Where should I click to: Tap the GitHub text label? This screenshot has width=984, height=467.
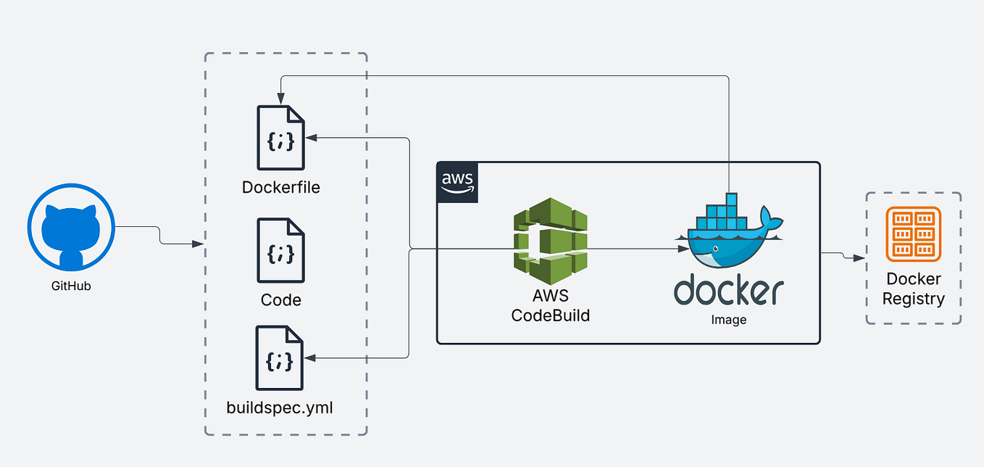[x=71, y=286]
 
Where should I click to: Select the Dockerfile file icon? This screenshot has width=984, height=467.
[x=280, y=138]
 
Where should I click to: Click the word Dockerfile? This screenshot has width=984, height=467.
[x=281, y=188]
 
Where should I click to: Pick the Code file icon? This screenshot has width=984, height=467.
[x=280, y=251]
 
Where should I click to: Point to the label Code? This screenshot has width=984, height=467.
[x=281, y=300]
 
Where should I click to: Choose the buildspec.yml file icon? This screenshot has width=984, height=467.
[x=280, y=358]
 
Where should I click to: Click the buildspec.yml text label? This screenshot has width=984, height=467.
[x=280, y=408]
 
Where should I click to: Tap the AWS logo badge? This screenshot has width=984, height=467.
[x=458, y=183]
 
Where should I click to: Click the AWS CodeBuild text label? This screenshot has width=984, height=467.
[x=550, y=305]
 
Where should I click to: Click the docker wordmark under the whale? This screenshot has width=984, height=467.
[x=729, y=290]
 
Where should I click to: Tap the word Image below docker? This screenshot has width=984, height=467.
[x=729, y=320]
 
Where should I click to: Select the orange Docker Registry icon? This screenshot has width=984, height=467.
[x=913, y=234]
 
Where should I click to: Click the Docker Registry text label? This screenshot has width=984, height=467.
[x=913, y=289]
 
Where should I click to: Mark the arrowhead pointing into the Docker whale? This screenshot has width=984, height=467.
[x=683, y=249]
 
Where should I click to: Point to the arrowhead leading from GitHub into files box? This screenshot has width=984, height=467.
[x=199, y=244]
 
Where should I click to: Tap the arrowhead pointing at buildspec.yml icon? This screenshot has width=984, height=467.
[x=310, y=358]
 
